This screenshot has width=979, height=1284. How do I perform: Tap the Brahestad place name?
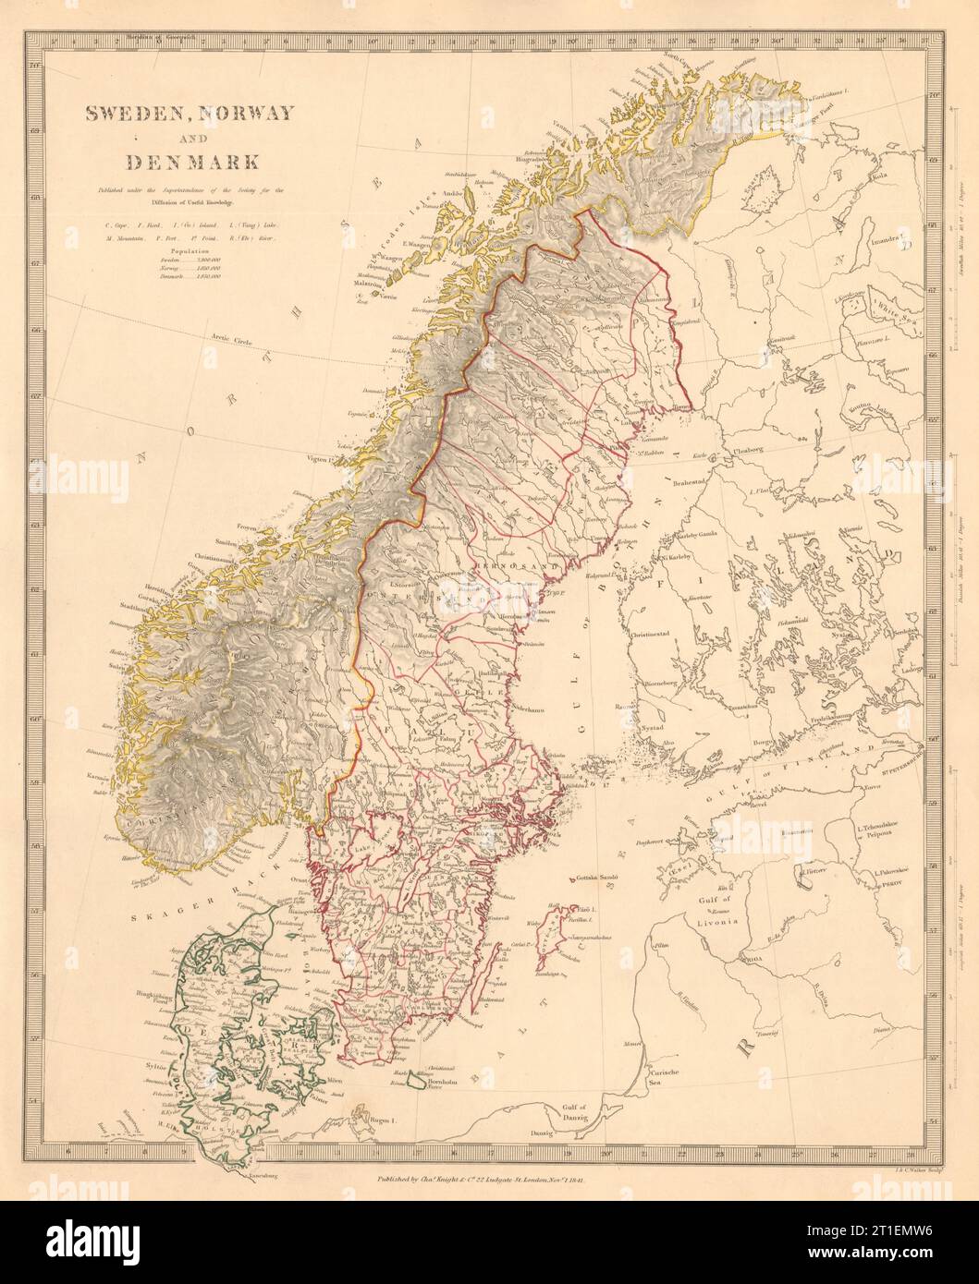point(701,481)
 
